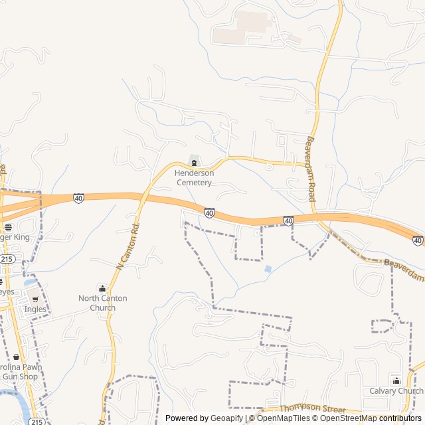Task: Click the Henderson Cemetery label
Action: point(194,177)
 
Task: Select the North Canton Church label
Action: point(102,303)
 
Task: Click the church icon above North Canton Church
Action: point(102,288)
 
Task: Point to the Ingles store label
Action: point(35,309)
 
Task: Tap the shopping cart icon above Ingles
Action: point(35,299)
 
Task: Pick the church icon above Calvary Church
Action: point(396,381)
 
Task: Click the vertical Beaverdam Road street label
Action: point(311,169)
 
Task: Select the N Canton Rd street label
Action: point(128,246)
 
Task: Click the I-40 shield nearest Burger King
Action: point(78,198)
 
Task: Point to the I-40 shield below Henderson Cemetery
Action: point(209,213)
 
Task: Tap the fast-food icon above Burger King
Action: point(7,227)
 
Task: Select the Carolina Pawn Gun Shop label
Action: point(20,372)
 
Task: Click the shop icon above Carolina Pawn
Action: point(16,357)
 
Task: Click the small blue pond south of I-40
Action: point(268,269)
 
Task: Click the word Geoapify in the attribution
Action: point(227,418)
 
